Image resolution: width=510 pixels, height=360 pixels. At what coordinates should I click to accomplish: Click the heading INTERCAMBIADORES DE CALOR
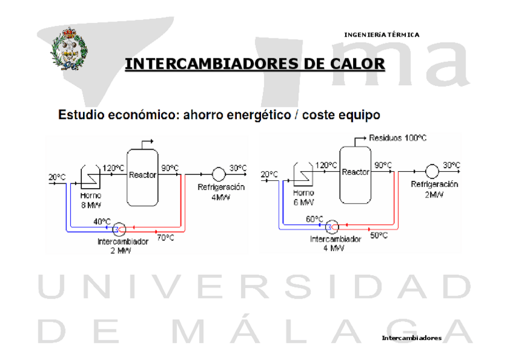[x=254, y=64]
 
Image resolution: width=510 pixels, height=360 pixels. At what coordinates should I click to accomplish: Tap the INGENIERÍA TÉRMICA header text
[x=381, y=34]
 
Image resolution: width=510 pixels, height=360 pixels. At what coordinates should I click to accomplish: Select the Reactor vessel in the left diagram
[x=143, y=175]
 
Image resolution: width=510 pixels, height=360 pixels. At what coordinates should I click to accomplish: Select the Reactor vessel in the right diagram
[x=355, y=173]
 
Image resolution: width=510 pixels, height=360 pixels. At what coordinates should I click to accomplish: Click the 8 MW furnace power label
[x=91, y=204]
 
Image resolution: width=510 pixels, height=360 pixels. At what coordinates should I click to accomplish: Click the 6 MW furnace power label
[x=304, y=202]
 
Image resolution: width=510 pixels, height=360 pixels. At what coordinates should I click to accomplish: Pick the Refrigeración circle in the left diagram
[x=218, y=174]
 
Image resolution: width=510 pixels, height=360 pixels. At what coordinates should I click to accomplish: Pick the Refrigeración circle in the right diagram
[x=431, y=171]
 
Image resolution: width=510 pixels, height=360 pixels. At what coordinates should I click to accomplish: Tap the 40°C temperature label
[x=102, y=221]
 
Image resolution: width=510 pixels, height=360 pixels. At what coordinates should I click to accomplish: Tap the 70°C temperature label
[x=166, y=238]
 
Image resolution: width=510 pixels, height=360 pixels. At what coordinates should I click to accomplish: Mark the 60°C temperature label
[x=315, y=219]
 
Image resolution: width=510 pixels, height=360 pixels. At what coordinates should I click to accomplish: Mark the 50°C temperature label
[x=379, y=236]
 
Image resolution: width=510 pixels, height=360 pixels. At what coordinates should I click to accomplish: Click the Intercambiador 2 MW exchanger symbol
[x=119, y=228]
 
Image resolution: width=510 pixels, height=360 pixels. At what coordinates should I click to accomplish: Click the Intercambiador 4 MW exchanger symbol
[x=331, y=227]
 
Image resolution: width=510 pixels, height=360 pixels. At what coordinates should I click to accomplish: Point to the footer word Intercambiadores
[x=411, y=338]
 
